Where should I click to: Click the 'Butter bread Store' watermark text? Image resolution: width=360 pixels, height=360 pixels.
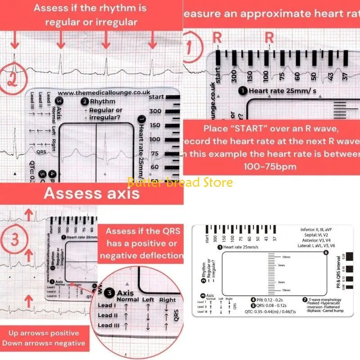click(x=180, y=183)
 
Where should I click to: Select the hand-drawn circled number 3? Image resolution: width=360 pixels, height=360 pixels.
click(x=15, y=239)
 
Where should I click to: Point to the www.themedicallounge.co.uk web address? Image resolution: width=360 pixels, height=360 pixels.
click(x=98, y=93)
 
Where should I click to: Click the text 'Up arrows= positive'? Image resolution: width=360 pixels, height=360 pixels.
click(x=44, y=333)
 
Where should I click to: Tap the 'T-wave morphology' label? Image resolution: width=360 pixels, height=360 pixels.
click(x=322, y=300)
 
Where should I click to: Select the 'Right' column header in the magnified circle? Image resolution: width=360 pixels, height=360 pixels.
click(x=167, y=300)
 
